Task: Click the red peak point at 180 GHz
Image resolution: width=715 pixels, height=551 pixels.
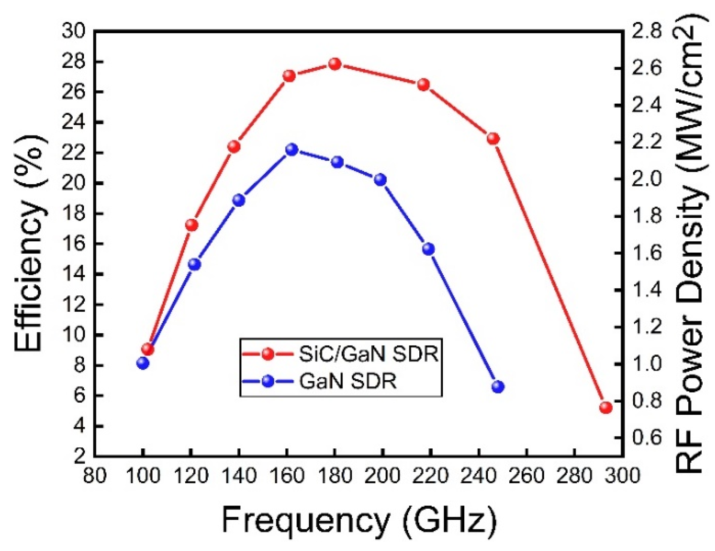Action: (335, 64)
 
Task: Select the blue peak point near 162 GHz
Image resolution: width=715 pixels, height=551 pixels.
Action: (292, 150)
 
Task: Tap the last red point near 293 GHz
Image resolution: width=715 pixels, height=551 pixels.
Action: (606, 408)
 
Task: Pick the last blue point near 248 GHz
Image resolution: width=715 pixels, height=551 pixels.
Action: (498, 387)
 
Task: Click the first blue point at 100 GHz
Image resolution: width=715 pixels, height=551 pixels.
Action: (143, 363)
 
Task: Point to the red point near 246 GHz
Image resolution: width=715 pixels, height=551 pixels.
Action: (493, 139)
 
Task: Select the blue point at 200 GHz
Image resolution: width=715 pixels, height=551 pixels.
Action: (380, 180)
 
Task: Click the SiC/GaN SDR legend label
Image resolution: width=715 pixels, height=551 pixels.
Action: (368, 354)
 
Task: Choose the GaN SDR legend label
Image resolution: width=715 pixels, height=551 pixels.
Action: (347, 382)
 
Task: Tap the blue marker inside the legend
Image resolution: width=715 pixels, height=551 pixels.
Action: (268, 382)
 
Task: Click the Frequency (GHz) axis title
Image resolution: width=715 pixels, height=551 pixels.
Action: (359, 519)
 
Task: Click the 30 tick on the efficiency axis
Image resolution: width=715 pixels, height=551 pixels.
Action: (73, 31)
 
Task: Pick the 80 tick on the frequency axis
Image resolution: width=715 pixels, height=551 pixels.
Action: (94, 476)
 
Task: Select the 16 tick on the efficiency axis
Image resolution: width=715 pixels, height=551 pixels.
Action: (73, 244)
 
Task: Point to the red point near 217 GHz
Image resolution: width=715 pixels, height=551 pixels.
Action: (423, 85)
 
